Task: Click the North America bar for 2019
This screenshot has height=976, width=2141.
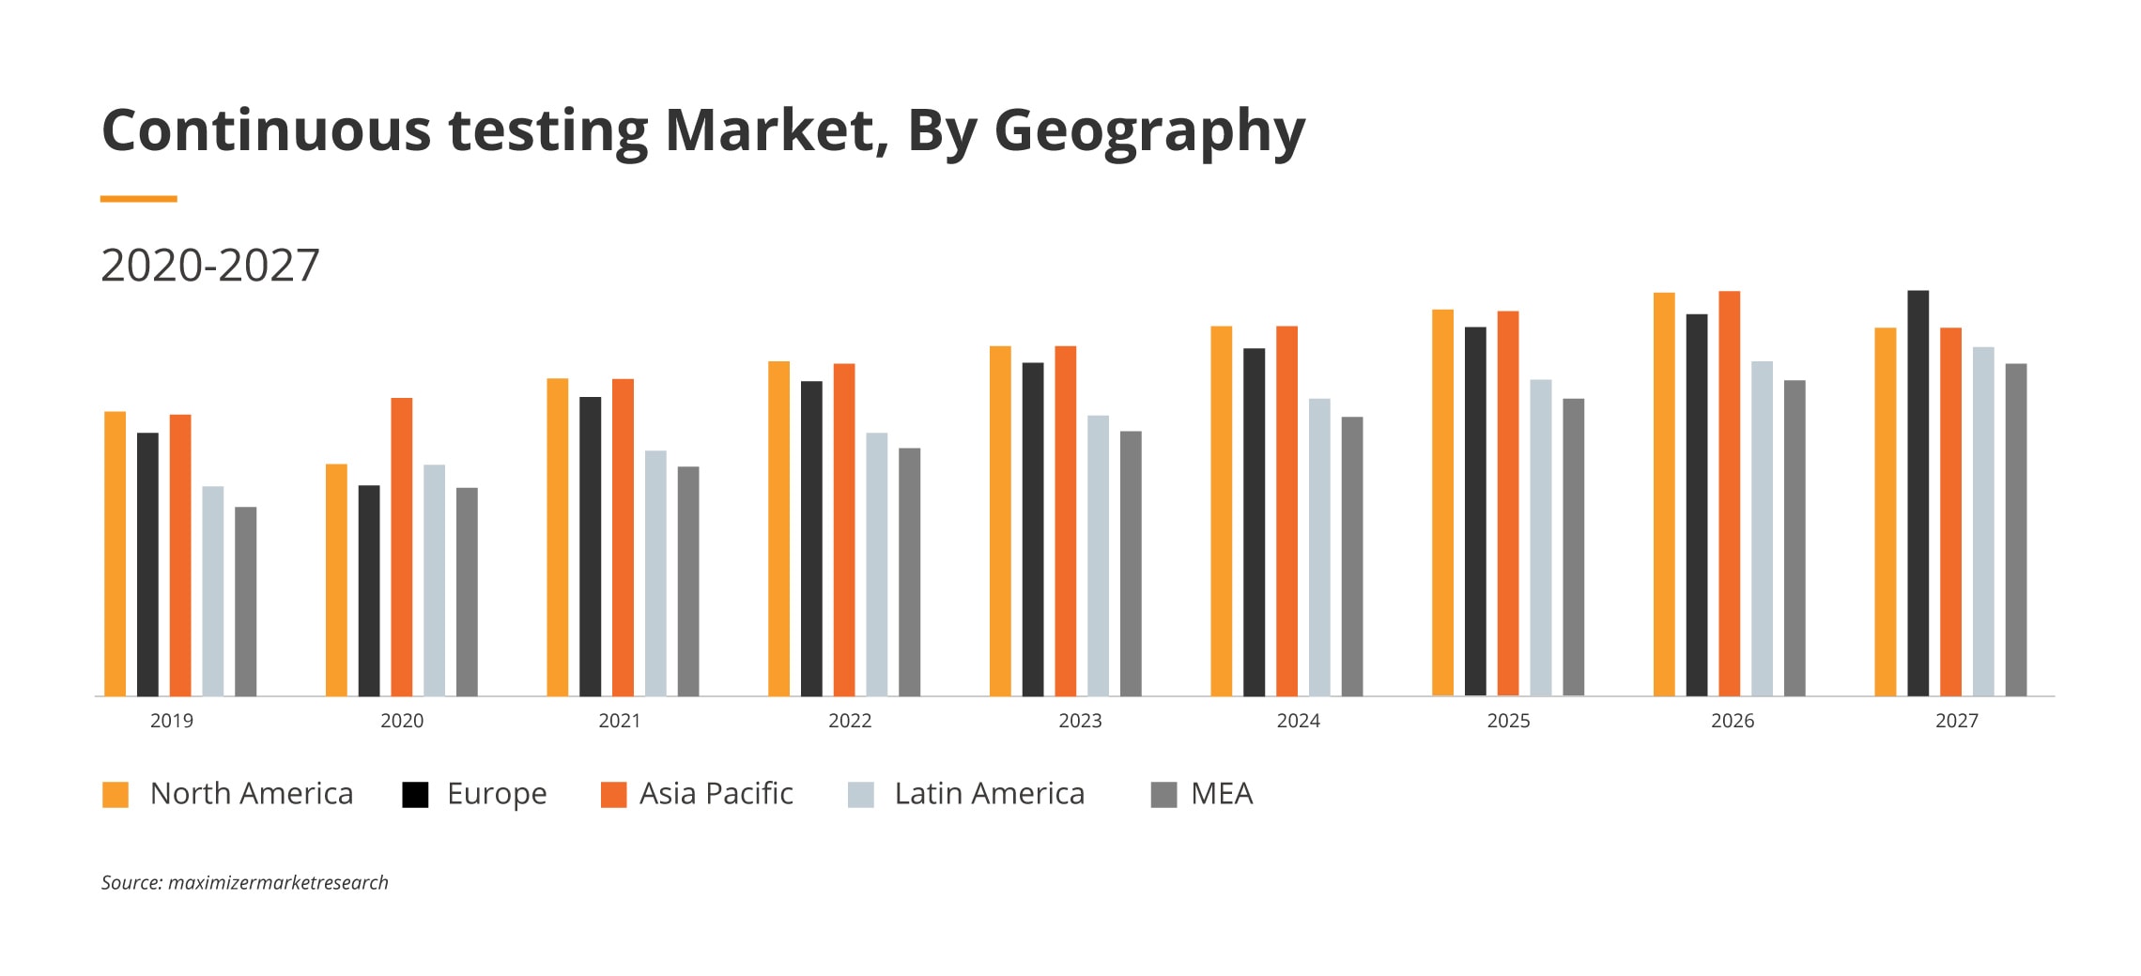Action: (x=115, y=554)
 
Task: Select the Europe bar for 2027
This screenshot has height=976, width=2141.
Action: (x=1918, y=494)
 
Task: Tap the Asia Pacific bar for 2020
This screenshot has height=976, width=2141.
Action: (x=402, y=547)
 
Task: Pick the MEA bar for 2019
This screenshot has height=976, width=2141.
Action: (x=245, y=602)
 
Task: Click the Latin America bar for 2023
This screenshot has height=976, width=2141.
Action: (x=1098, y=556)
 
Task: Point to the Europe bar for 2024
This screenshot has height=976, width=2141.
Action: (x=1254, y=522)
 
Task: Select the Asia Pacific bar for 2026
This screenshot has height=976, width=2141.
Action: (x=1729, y=494)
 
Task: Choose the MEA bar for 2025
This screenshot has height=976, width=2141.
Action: (x=1573, y=547)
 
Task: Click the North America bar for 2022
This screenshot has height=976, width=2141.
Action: (x=778, y=528)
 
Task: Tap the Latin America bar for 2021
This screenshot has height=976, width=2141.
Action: (x=655, y=573)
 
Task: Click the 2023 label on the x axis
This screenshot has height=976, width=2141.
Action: (x=1080, y=721)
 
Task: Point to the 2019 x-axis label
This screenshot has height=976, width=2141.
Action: (x=172, y=721)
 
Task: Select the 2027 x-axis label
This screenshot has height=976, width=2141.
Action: (x=1956, y=721)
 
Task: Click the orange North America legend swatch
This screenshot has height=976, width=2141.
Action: (x=115, y=795)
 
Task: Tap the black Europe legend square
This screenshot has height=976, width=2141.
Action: (x=415, y=795)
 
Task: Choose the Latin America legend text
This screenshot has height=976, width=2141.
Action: (x=989, y=794)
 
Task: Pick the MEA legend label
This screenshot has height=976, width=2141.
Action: (x=1222, y=794)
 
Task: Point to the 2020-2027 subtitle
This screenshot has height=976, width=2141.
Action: (x=210, y=266)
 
